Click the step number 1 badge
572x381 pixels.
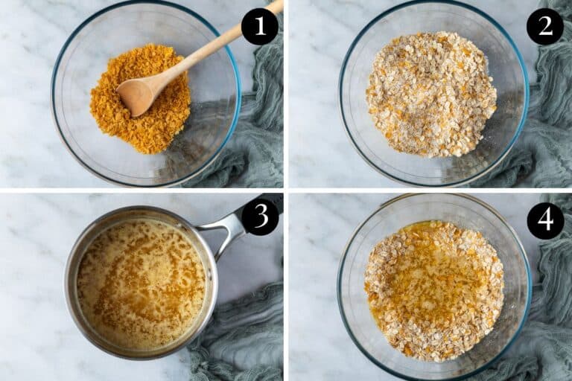pyautogui.click(x=259, y=27)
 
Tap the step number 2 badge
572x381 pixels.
pyautogui.click(x=544, y=27)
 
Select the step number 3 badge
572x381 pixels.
pyautogui.click(x=259, y=217)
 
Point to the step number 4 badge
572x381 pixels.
pyautogui.click(x=544, y=221)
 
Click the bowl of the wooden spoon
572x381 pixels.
pyautogui.click(x=137, y=95)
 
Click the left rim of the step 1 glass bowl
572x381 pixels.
pyautogui.click(x=54, y=97)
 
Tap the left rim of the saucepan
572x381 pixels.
pyautogui.click(x=67, y=286)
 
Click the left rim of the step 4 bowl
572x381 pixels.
pyautogui.click(x=340, y=286)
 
